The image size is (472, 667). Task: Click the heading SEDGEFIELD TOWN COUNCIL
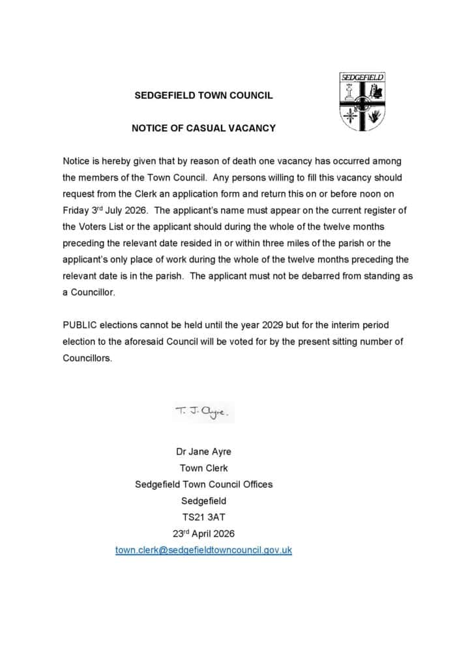click(x=203, y=96)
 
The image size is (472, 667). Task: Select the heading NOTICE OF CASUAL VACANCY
click(x=203, y=128)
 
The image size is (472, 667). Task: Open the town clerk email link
click(x=203, y=550)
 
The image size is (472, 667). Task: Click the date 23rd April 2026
click(x=203, y=533)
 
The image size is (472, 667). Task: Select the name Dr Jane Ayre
click(x=203, y=451)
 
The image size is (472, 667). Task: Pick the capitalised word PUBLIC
click(x=80, y=324)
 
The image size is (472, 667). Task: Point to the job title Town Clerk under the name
click(x=203, y=468)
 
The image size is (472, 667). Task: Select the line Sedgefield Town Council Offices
click(x=203, y=485)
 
